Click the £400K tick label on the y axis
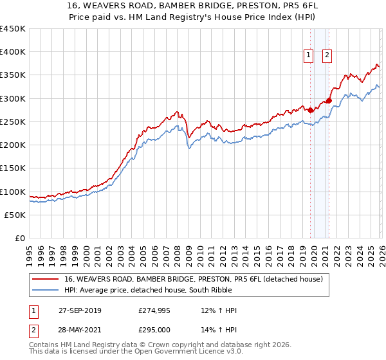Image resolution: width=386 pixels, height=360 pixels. click(x=13, y=52)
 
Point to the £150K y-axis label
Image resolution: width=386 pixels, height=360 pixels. click(x=13, y=168)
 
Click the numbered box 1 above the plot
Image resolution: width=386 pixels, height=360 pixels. click(x=309, y=56)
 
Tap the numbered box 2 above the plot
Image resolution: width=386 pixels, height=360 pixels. click(x=327, y=56)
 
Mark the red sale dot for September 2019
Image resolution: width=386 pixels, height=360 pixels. click(x=310, y=110)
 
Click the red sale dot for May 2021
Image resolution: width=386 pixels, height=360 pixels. click(x=329, y=100)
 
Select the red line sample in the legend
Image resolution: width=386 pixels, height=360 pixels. click(x=46, y=279)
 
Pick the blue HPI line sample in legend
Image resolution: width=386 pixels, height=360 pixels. click(x=46, y=291)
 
